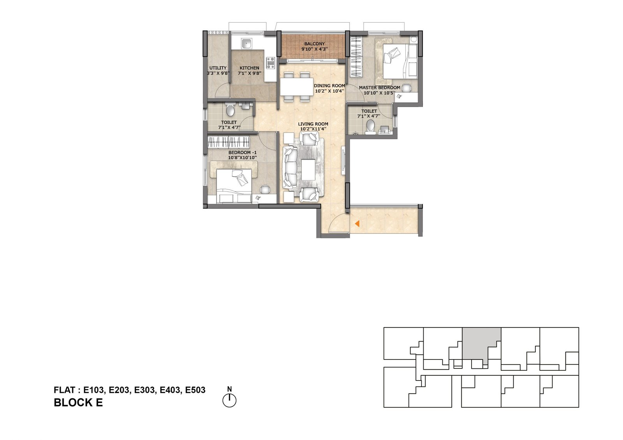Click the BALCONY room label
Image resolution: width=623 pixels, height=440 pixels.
pyautogui.click(x=314, y=44)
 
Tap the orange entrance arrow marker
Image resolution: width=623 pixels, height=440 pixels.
pyautogui.click(x=357, y=223)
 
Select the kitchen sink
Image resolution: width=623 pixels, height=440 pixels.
pyautogui.click(x=52, y=44)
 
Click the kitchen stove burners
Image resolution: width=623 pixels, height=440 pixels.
pyautogui.click(x=76, y=63)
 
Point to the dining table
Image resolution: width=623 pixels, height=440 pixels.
pyautogui.click(x=297, y=87)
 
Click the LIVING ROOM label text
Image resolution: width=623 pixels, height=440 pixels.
pyautogui.click(x=313, y=124)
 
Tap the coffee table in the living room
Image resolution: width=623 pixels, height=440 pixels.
pyautogui.click(x=308, y=169)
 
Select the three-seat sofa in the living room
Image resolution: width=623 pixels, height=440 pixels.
pyautogui.click(x=290, y=168)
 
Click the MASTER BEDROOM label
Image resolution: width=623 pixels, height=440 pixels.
pyautogui.click(x=379, y=88)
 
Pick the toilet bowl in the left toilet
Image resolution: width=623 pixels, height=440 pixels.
pyautogui.click(x=230, y=110)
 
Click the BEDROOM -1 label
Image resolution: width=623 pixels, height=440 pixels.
pyautogui.click(x=243, y=153)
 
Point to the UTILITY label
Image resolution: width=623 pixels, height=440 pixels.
pyautogui.click(x=218, y=68)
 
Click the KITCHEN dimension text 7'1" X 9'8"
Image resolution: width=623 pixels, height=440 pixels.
pyautogui.click(x=250, y=74)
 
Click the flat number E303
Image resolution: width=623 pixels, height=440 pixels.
pyautogui.click(x=144, y=390)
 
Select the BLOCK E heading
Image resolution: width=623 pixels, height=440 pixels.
pyautogui.click(x=78, y=403)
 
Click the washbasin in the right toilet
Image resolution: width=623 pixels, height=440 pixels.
pyautogui.click(x=385, y=130)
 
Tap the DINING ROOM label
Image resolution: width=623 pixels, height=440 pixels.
pyautogui.click(x=329, y=86)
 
